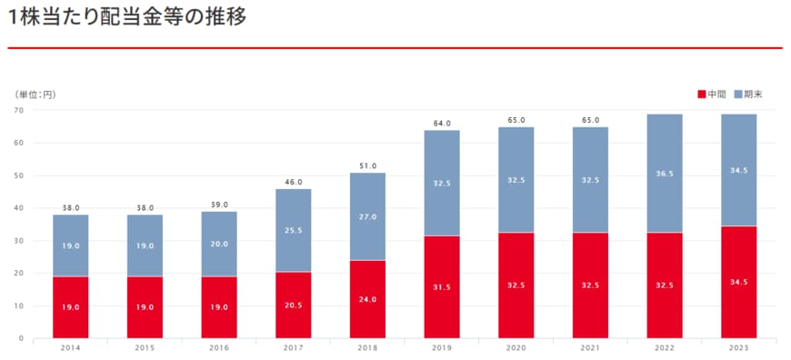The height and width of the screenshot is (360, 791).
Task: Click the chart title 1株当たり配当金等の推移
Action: (x=126, y=17)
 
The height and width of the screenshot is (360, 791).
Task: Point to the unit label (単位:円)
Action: (x=34, y=95)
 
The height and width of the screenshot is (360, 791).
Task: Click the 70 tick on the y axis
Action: (x=18, y=110)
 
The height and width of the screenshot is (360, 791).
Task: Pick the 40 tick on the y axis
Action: (x=18, y=208)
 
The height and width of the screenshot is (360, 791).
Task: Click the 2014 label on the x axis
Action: (x=70, y=348)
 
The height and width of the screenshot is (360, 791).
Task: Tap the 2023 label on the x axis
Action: (x=739, y=348)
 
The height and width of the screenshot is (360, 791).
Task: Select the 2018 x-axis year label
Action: (x=367, y=348)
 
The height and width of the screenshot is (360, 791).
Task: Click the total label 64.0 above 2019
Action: (x=442, y=123)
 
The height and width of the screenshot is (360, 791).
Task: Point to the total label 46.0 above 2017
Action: (x=293, y=182)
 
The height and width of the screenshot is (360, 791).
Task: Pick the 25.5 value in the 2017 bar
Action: (x=293, y=231)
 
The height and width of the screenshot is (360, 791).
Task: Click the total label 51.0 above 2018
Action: (x=367, y=165)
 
